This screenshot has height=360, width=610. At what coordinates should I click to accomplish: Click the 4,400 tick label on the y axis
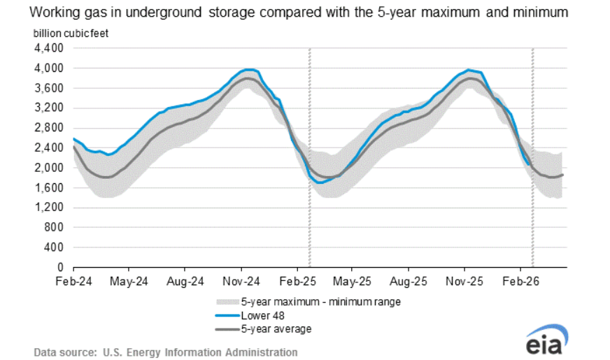click(50, 48)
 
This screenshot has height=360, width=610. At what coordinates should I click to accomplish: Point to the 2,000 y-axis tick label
click(50, 168)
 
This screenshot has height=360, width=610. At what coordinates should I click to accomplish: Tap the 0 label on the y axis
click(61, 268)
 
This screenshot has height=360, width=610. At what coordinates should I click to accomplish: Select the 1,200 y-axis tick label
click(50, 208)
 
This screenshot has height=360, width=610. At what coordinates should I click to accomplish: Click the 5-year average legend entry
click(276, 329)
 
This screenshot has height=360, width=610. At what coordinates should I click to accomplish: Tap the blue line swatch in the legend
click(227, 315)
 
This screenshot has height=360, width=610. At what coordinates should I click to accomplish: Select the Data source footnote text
click(165, 352)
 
